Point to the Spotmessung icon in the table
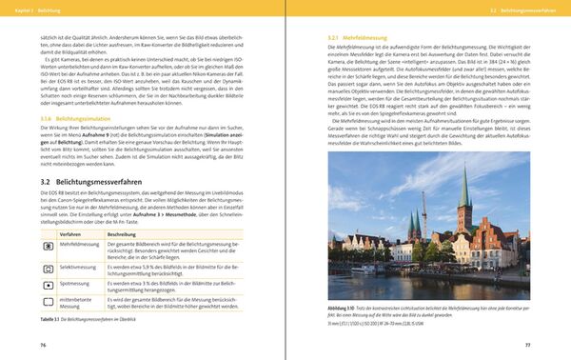pos(49,285)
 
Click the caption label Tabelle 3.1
pos(50,320)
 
